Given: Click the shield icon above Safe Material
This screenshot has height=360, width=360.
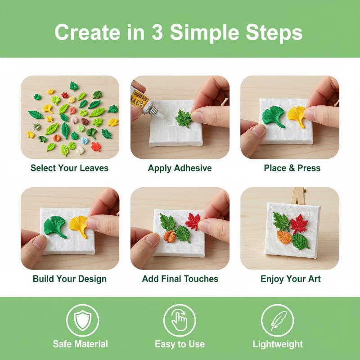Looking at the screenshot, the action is (82, 320).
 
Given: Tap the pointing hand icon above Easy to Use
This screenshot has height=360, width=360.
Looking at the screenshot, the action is (180, 319).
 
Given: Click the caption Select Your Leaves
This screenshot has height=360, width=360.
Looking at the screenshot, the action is (69, 168).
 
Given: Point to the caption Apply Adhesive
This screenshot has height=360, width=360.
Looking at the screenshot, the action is (180, 168).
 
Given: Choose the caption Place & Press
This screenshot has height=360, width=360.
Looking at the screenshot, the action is (292, 168).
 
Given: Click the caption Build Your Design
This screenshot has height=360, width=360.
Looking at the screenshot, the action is (70, 279).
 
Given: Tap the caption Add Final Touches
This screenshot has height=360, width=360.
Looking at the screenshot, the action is (180, 279).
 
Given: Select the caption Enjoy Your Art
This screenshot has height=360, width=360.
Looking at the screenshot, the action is (290, 279).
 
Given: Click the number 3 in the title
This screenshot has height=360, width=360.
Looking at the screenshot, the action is (157, 32).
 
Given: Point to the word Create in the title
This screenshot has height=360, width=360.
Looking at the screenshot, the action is (87, 32).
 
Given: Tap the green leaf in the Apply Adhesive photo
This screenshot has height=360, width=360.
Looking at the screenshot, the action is (184, 119).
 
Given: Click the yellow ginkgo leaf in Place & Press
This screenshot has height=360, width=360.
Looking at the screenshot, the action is (297, 116).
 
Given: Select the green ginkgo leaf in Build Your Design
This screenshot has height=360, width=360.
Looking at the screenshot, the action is (55, 226).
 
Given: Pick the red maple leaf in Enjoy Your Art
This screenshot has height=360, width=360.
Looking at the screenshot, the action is (299, 224).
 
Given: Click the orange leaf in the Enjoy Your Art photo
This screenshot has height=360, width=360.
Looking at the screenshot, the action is (284, 237).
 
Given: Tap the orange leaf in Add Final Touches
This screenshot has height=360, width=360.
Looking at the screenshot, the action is (169, 237).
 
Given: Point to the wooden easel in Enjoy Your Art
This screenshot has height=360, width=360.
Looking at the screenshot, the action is (298, 196).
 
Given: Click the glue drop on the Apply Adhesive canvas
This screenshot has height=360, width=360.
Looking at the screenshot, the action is (168, 122).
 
